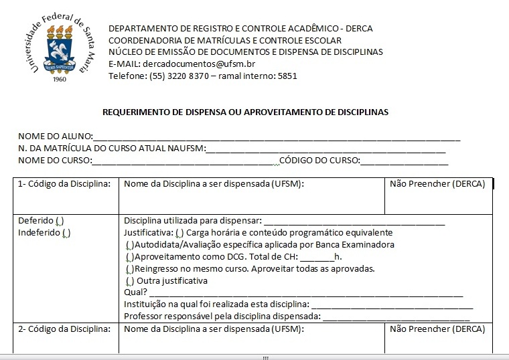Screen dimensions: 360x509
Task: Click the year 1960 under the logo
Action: pos(59,78)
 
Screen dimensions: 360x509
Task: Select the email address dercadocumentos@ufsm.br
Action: pos(199,64)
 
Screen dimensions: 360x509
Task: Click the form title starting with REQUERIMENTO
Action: pos(244,112)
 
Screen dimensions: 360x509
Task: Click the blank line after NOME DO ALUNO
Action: pos(276,137)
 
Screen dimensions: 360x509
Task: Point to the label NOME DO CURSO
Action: pos(54,161)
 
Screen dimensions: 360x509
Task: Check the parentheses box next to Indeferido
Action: pos(66,233)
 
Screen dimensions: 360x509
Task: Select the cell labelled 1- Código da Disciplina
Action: pos(64,185)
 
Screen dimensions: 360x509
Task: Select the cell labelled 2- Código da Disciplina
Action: pos(64,329)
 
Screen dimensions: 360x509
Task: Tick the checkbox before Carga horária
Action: pos(179,233)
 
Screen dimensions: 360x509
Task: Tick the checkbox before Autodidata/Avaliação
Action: pos(129,245)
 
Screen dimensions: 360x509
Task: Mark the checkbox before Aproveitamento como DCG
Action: pos(129,257)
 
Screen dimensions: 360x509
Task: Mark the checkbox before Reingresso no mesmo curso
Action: pos(129,269)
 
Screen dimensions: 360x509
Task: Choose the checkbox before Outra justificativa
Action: pos(129,281)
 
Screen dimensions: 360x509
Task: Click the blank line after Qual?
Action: pos(305,294)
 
